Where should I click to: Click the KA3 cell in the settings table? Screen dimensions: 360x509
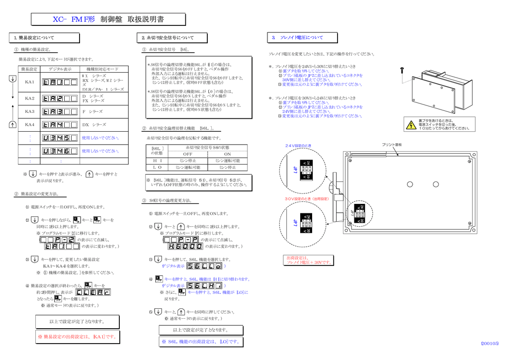pyautogui.click(x=30, y=111)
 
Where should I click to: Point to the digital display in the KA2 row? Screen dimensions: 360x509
pyautogui.click(x=60, y=98)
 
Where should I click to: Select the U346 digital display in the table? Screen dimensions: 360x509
pyautogui.click(x=60, y=151)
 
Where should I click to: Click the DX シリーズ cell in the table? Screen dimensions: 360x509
pyautogui.click(x=94, y=125)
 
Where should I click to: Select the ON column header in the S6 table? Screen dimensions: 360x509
pyautogui.click(x=228, y=154)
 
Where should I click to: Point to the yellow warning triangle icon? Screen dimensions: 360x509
pyautogui.click(x=411, y=125)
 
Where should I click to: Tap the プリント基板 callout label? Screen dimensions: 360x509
pyautogui.click(x=392, y=145)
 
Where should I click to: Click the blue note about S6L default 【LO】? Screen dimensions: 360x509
pyautogui.click(x=201, y=342)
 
